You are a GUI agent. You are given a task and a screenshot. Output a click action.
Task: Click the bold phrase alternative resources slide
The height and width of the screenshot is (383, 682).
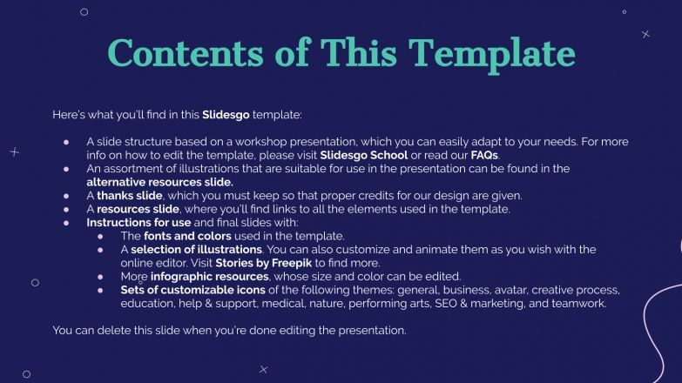tap(159, 182)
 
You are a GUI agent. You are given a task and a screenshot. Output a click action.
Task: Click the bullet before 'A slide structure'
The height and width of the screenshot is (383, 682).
tap(66, 142)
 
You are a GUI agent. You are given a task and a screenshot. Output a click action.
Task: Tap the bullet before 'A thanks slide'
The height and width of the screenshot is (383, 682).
tap(66, 196)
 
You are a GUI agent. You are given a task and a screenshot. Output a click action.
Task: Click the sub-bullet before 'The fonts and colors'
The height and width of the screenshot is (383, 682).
tap(100, 236)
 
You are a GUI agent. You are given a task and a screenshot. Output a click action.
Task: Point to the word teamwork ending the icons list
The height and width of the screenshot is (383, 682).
tap(578, 303)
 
